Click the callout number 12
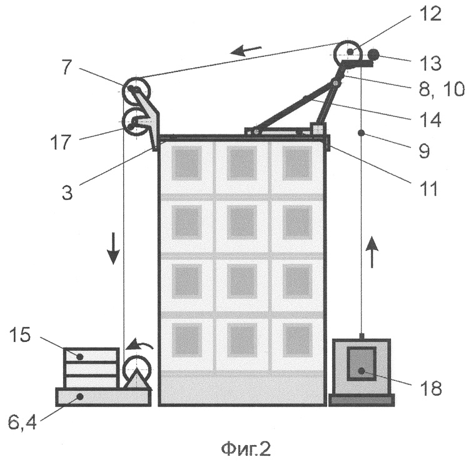pyautogui.click(x=430, y=14)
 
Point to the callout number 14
pyautogui.click(x=431, y=118)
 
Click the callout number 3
pyautogui.click(x=67, y=192)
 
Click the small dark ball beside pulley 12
pyautogui.click(x=373, y=54)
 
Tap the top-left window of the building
pyautogui.click(x=186, y=164)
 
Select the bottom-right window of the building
pyautogui.click(x=298, y=342)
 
